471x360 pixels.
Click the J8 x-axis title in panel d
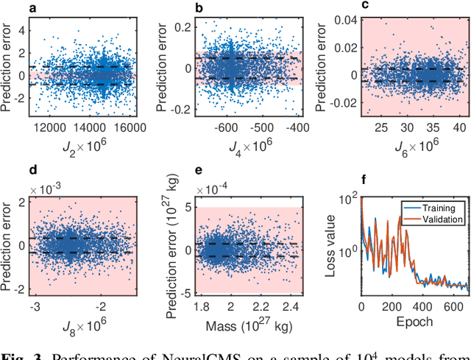pyautogui.click(x=82, y=322)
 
